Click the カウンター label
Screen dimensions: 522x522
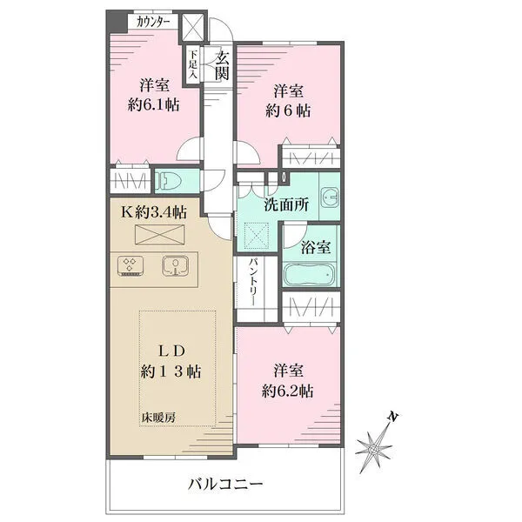(x=154, y=23)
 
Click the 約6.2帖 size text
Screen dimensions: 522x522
(x=288, y=391)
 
